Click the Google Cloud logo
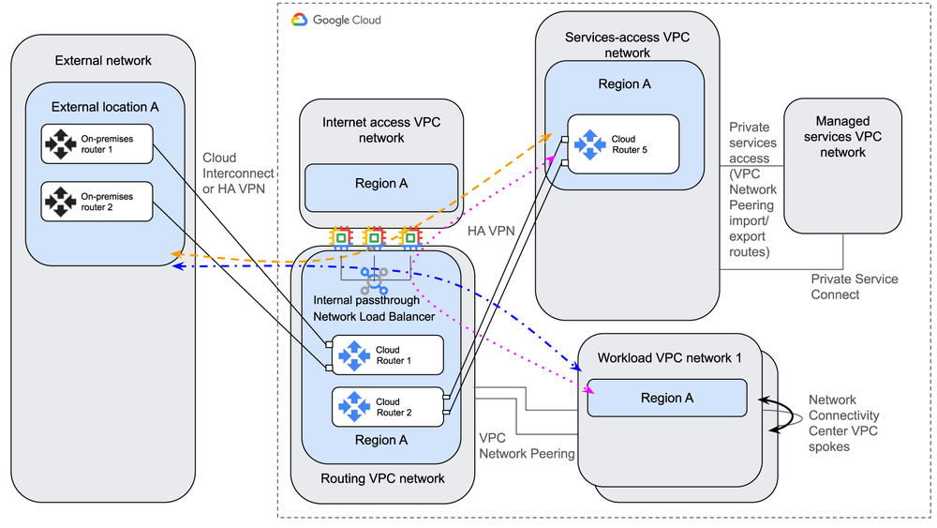point(300,19)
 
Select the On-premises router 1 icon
point(60,144)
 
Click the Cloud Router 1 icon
point(354,355)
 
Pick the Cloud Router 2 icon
point(354,406)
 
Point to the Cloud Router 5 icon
point(590,144)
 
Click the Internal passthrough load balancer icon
point(374,279)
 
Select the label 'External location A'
point(105,106)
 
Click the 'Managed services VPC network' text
point(841,136)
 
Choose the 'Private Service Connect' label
point(855,286)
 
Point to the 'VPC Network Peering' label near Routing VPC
point(527,445)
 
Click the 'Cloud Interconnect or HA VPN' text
point(238,173)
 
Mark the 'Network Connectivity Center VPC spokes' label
point(843,423)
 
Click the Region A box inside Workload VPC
point(666,398)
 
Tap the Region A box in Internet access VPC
point(380,184)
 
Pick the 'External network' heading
point(103,61)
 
